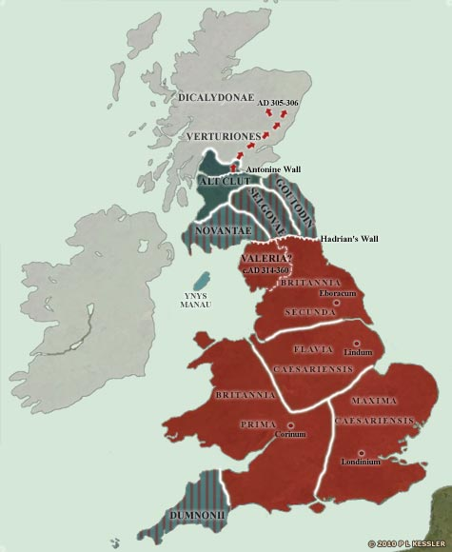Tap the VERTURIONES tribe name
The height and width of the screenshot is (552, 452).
tap(223, 137)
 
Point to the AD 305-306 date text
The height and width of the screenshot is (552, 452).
tap(258, 102)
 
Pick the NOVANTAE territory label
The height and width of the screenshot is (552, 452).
tap(222, 229)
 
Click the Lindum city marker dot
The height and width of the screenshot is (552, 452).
tap(356, 344)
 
